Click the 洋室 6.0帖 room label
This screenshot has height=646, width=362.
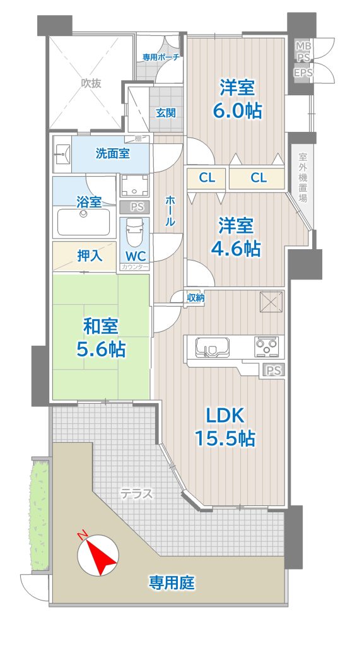pos(236,99)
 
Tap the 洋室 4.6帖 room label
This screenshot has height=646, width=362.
pos(236,237)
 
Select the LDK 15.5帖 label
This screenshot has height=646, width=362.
pos(225,428)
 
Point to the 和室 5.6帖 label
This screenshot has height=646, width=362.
pos(101,338)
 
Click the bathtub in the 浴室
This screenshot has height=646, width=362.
pos(84,221)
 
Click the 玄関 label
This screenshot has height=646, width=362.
pos(166,112)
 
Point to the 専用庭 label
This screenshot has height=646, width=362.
pos(172,582)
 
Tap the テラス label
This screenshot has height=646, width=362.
pos(136,493)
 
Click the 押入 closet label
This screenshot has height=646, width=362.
pos(90,256)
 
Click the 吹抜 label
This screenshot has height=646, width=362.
pos(91,83)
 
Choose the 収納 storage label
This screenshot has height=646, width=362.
pos(196,298)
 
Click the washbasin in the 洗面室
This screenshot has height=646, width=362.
pos(62,155)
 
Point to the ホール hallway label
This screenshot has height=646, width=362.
pos(170,211)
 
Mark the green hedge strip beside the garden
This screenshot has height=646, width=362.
pos(40,514)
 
